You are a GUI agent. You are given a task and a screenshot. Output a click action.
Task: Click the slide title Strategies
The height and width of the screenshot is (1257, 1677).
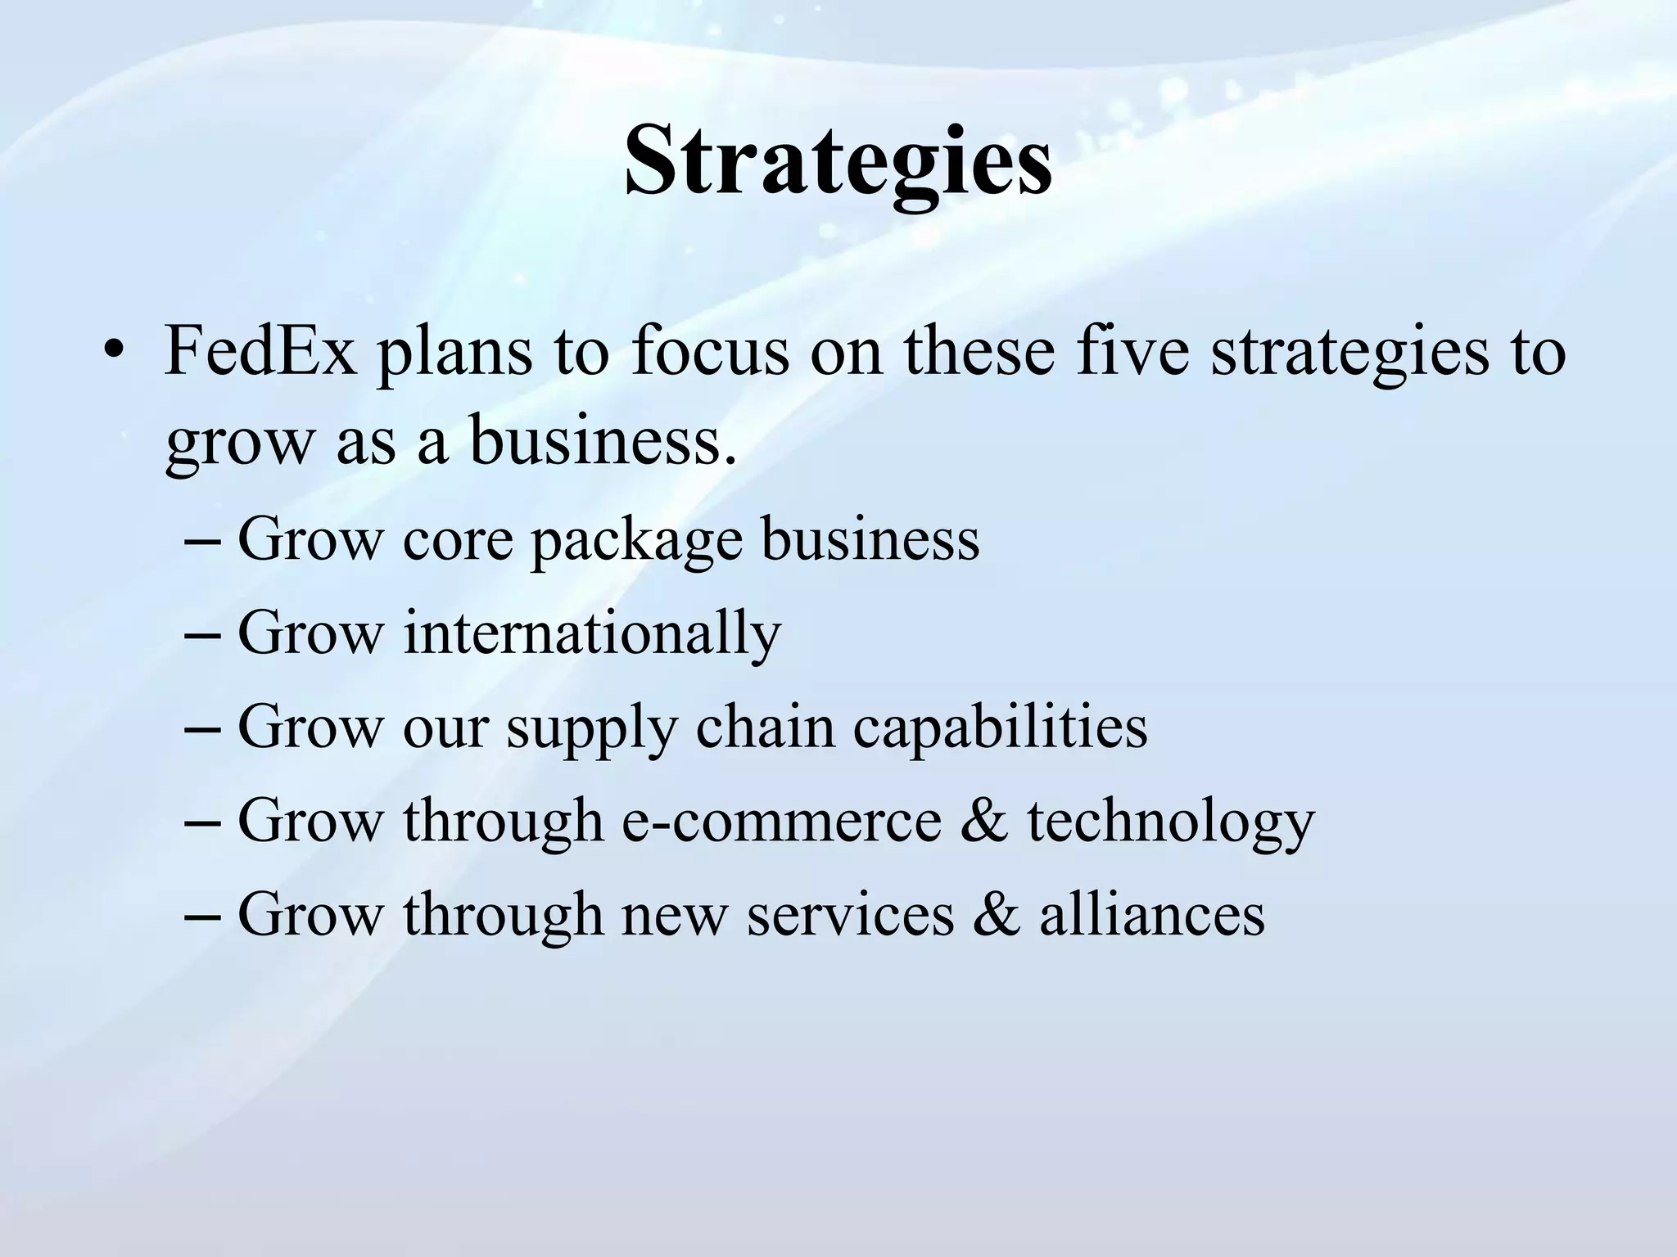coord(838,160)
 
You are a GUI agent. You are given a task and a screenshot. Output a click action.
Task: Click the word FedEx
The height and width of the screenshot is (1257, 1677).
coord(260,351)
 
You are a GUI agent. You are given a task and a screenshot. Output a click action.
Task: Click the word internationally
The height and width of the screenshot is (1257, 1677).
coord(592,633)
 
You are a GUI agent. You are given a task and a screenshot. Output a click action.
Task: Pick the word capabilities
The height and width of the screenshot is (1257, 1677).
coord(1000,727)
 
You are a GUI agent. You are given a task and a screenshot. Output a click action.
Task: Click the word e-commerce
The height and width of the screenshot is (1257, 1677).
coord(782,821)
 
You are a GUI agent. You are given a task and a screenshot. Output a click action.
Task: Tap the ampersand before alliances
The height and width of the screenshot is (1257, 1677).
coord(997,913)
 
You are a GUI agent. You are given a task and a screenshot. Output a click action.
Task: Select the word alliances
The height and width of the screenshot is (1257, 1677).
coord(1152,913)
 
